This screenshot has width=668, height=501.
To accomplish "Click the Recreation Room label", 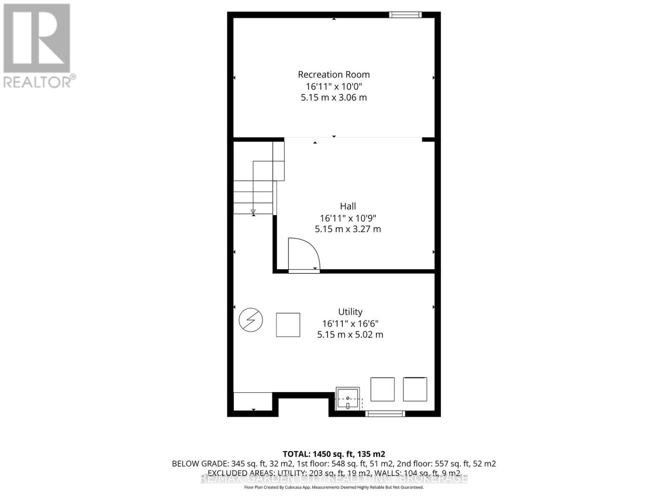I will [334, 75].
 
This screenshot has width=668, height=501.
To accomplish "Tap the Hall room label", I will [348, 206].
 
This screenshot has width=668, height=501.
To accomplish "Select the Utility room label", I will [350, 312].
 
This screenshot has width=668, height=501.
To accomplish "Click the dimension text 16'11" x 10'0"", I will [334, 86].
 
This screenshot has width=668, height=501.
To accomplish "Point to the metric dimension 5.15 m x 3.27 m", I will [348, 229].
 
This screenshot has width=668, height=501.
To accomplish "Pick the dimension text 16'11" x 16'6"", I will [350, 324].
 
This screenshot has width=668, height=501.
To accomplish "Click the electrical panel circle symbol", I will [251, 320].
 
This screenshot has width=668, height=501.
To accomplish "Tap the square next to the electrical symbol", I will [288, 325].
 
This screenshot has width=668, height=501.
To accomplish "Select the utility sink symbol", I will [348, 399].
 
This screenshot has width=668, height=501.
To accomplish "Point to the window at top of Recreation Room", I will [405, 15].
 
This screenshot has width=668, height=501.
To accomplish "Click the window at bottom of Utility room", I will [385, 414].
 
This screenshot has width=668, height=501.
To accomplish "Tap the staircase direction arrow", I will [253, 212].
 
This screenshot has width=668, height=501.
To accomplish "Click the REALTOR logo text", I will [40, 81].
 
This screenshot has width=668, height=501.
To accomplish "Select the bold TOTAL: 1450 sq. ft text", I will [334, 454].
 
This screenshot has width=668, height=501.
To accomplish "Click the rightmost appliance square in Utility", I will [415, 389].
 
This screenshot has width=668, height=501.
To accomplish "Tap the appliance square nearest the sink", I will [382, 389].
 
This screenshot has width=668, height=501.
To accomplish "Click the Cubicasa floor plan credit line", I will [334, 487].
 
